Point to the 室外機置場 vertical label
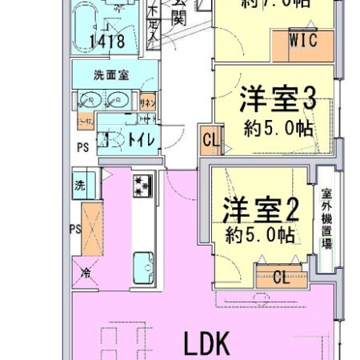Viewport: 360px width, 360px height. point(326,219)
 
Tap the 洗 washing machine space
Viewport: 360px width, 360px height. point(82,184)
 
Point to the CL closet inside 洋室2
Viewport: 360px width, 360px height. point(281,278)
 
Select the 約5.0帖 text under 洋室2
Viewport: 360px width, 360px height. point(258,234)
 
